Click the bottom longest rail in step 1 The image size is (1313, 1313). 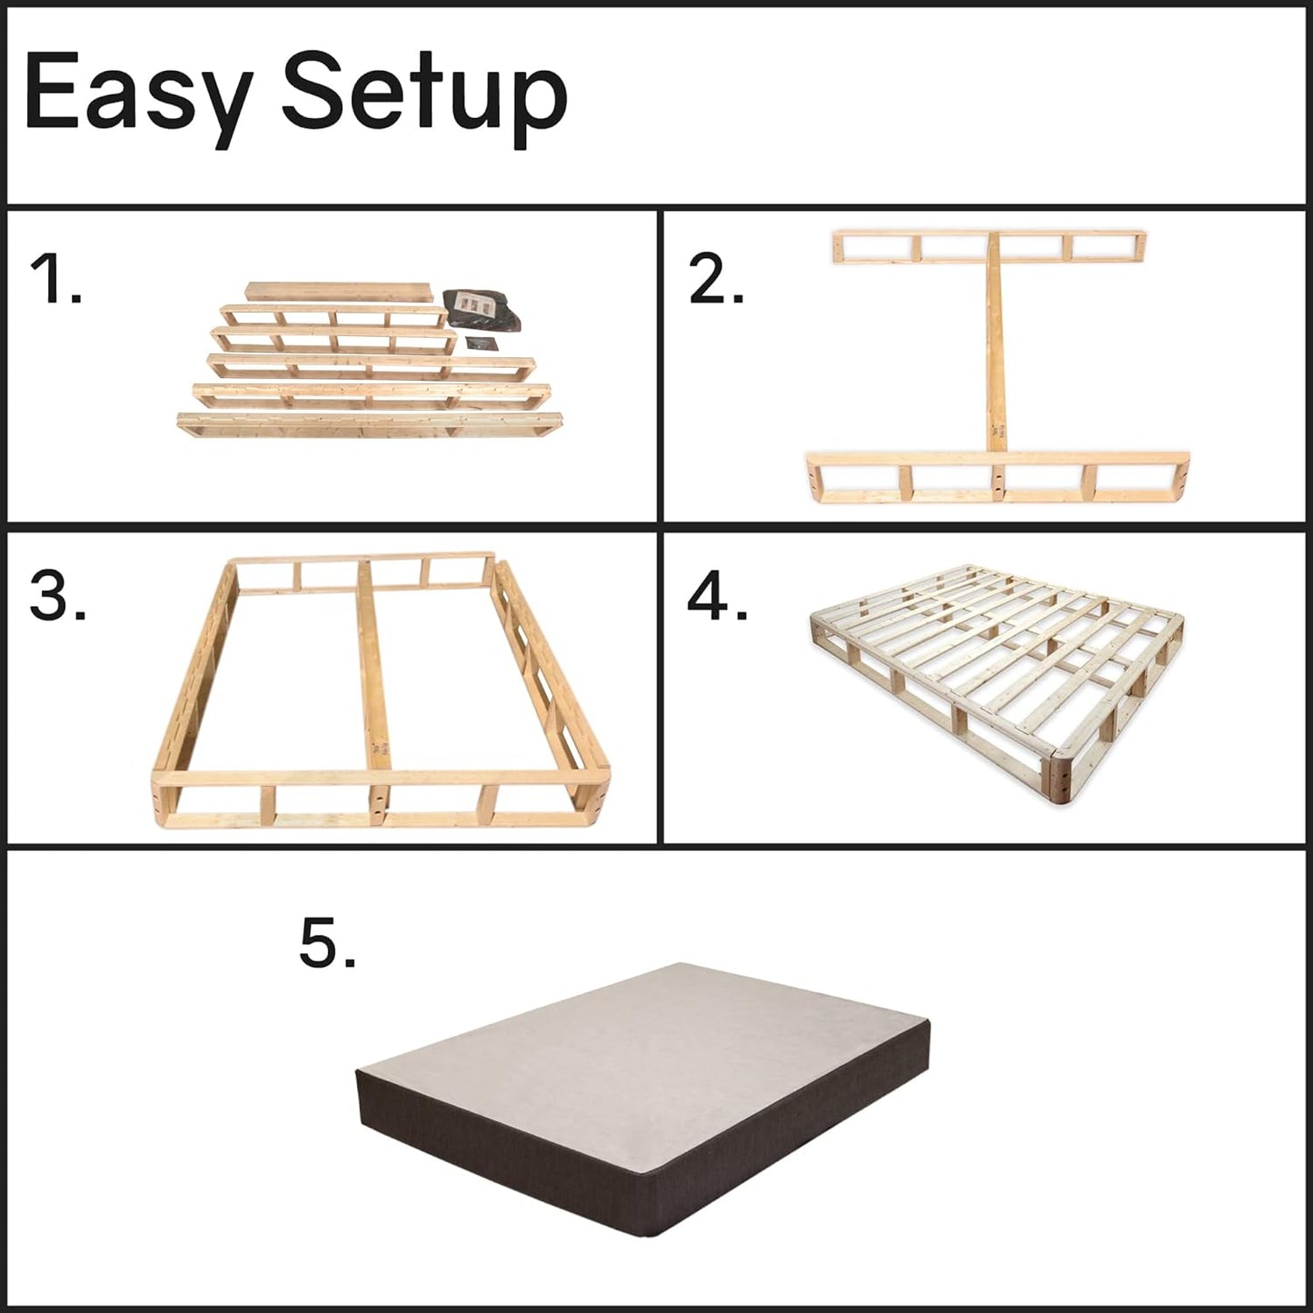370,424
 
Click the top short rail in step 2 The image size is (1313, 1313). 990,247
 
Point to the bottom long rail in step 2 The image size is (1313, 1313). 998,476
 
